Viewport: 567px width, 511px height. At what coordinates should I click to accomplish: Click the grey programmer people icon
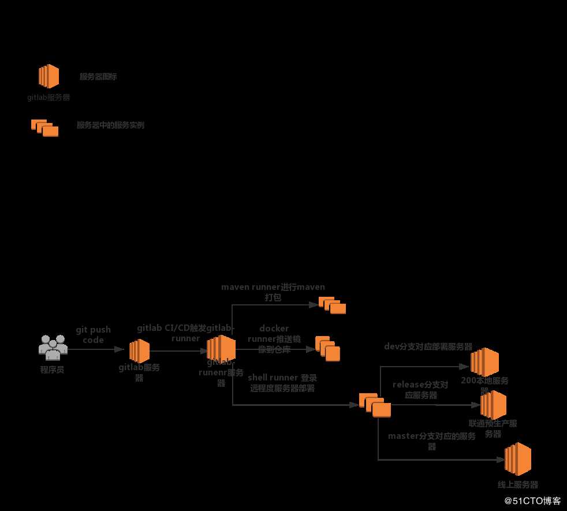point(53,346)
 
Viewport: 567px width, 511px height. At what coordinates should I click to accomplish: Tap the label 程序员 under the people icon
point(53,370)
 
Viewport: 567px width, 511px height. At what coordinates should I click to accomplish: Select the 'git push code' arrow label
point(93,335)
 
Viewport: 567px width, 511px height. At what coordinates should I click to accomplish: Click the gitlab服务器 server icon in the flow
point(139,350)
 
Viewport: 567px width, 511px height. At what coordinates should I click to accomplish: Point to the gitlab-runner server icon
point(221,348)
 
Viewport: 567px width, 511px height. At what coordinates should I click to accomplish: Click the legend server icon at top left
point(49,76)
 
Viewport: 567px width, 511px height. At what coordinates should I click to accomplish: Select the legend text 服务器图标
point(98,76)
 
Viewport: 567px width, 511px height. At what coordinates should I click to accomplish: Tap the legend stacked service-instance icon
point(44,128)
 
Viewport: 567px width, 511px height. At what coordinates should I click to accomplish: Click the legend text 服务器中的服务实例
point(110,125)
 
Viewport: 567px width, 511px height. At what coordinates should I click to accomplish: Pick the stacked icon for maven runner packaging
point(332,305)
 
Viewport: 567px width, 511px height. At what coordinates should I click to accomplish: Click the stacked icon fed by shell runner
point(375,405)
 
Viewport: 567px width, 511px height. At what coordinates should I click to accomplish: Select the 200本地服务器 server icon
point(484,362)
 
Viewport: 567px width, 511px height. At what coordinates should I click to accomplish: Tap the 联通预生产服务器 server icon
point(493,405)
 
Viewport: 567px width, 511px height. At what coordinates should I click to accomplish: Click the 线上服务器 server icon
point(517,459)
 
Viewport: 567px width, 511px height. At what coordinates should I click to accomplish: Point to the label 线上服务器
point(518,485)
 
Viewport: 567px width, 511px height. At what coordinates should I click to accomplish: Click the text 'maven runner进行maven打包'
point(273,292)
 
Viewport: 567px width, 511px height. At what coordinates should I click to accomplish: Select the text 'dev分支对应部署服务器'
point(428,347)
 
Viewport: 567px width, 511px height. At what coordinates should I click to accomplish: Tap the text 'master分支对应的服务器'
point(432,441)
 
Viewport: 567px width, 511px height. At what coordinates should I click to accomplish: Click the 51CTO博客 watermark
point(532,501)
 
